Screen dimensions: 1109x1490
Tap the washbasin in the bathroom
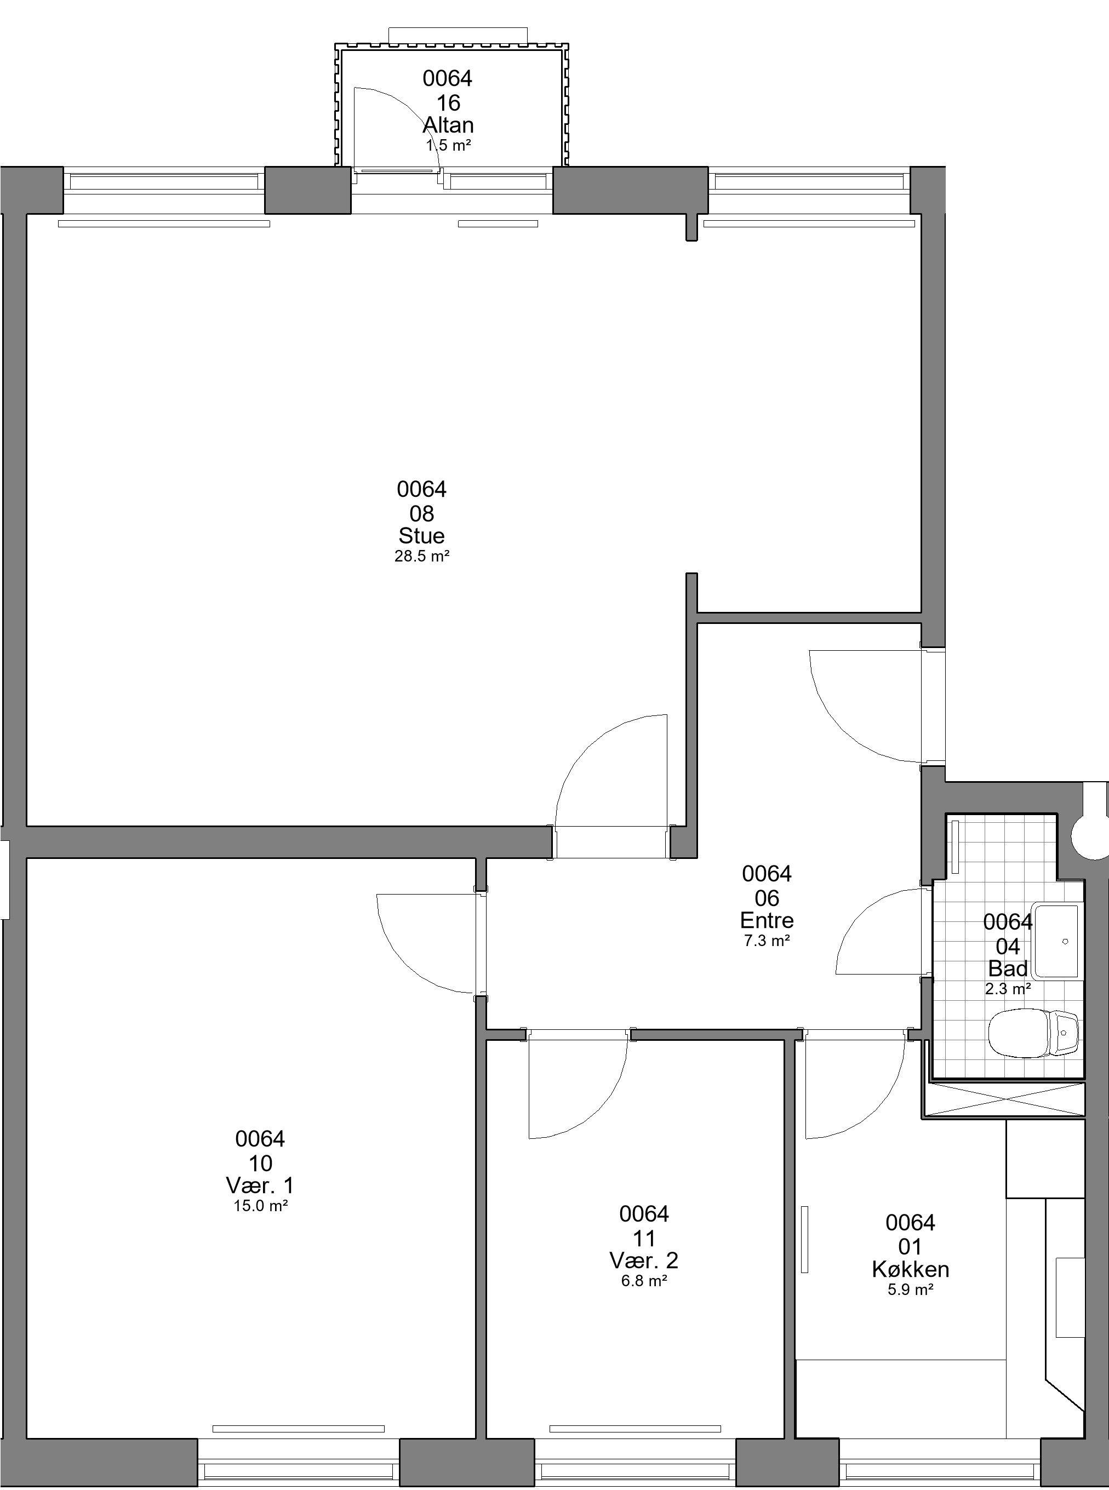tap(1056, 941)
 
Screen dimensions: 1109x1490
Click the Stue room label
tap(421, 536)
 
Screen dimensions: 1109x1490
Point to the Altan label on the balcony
tap(448, 125)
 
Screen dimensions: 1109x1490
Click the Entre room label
tap(767, 920)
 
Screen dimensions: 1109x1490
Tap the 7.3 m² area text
tap(767, 941)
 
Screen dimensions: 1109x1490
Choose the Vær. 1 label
tap(260, 1185)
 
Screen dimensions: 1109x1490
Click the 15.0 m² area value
tap(260, 1206)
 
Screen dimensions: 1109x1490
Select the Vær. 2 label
tap(644, 1260)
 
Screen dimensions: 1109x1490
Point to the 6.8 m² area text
tap(644, 1281)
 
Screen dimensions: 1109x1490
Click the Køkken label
tap(910, 1269)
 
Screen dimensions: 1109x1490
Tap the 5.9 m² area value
tap(910, 1290)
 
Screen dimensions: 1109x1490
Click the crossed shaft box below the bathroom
tap(1004, 1100)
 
